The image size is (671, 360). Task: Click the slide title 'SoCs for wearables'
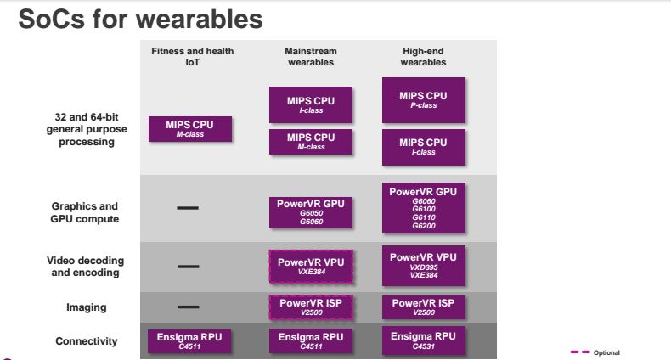point(140,20)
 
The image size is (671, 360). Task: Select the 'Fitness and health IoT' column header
point(193,56)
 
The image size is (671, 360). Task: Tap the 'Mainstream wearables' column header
point(311,56)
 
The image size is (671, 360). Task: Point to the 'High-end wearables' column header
point(423,56)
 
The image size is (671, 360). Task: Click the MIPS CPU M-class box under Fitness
point(190,129)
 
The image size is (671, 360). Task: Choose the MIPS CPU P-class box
point(424,100)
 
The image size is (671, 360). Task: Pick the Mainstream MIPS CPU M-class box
point(311,142)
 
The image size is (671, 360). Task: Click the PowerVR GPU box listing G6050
point(311,212)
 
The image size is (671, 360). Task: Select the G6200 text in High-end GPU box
point(424,226)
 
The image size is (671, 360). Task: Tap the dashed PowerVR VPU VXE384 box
point(311,267)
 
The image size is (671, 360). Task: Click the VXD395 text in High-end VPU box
point(424,267)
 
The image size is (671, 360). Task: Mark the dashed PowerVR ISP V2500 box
point(311,307)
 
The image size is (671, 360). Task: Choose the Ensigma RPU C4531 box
point(424,340)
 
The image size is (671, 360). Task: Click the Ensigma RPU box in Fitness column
point(189,341)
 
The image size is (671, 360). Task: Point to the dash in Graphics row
point(188,208)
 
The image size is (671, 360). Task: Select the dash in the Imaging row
point(188,307)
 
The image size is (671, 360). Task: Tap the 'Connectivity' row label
point(87,341)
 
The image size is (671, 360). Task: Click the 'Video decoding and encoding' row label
point(85,267)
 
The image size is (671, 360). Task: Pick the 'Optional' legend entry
point(595,352)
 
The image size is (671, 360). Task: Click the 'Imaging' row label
point(87,307)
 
